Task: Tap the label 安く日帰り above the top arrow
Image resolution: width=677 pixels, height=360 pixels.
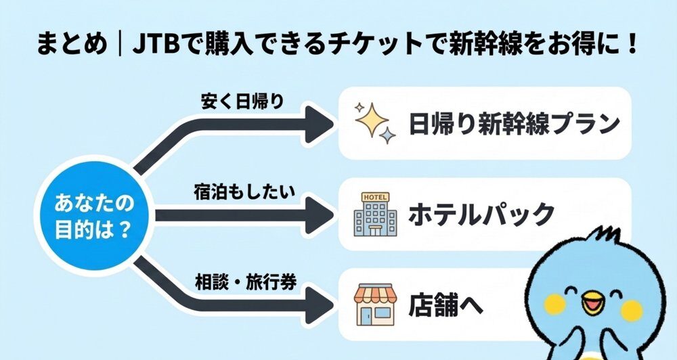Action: [x=242, y=102]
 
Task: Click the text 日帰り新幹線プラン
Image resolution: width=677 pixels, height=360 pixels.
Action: [x=515, y=124]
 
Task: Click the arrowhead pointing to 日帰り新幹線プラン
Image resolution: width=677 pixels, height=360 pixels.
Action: [x=318, y=124]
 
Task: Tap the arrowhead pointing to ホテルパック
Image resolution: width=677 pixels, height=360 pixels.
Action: [x=318, y=216]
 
